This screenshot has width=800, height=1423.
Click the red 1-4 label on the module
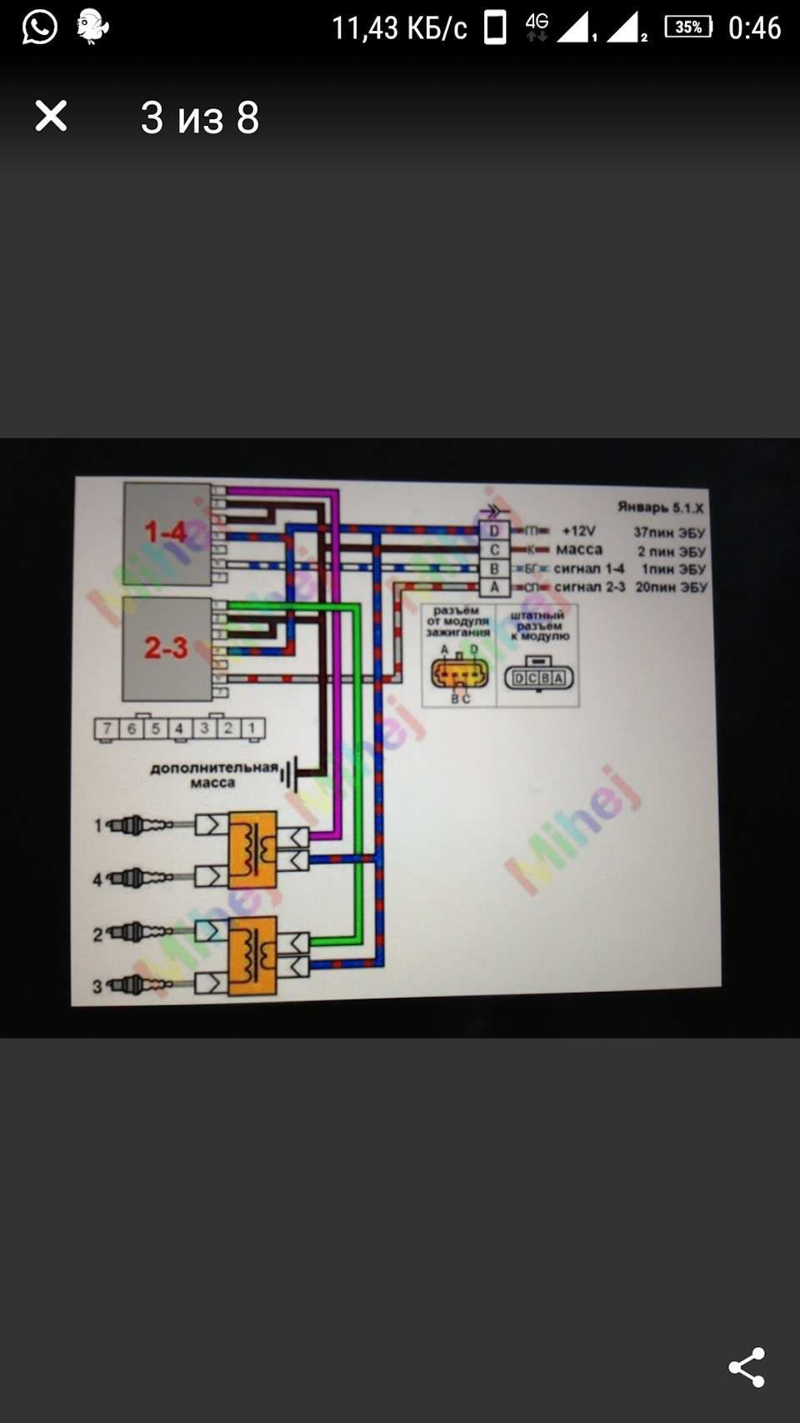pos(166,532)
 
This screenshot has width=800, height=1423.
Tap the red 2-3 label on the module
pos(166,647)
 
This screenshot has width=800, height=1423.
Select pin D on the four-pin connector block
pos(494,530)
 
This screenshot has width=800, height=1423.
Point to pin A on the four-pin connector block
pos(494,587)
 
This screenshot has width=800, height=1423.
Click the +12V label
pos(578,531)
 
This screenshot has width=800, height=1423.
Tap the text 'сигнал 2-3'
pos(589,587)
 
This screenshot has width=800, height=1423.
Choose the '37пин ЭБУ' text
pos(668,532)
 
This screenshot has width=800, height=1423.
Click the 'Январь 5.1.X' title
pos(660,507)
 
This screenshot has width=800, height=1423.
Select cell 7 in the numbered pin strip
pos(107,729)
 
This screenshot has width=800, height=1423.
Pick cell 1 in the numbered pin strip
pos(252,728)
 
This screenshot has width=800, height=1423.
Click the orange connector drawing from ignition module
pos(459,672)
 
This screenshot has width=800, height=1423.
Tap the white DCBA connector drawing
pos(539,678)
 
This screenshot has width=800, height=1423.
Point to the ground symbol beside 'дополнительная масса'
pos(289,774)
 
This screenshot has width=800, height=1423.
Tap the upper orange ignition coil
pos(252,850)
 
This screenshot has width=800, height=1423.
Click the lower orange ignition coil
pos(252,955)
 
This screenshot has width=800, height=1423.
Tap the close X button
pos(51,116)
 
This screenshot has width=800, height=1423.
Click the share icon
pos(747,1367)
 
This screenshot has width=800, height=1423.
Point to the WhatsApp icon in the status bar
pos(39,27)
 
